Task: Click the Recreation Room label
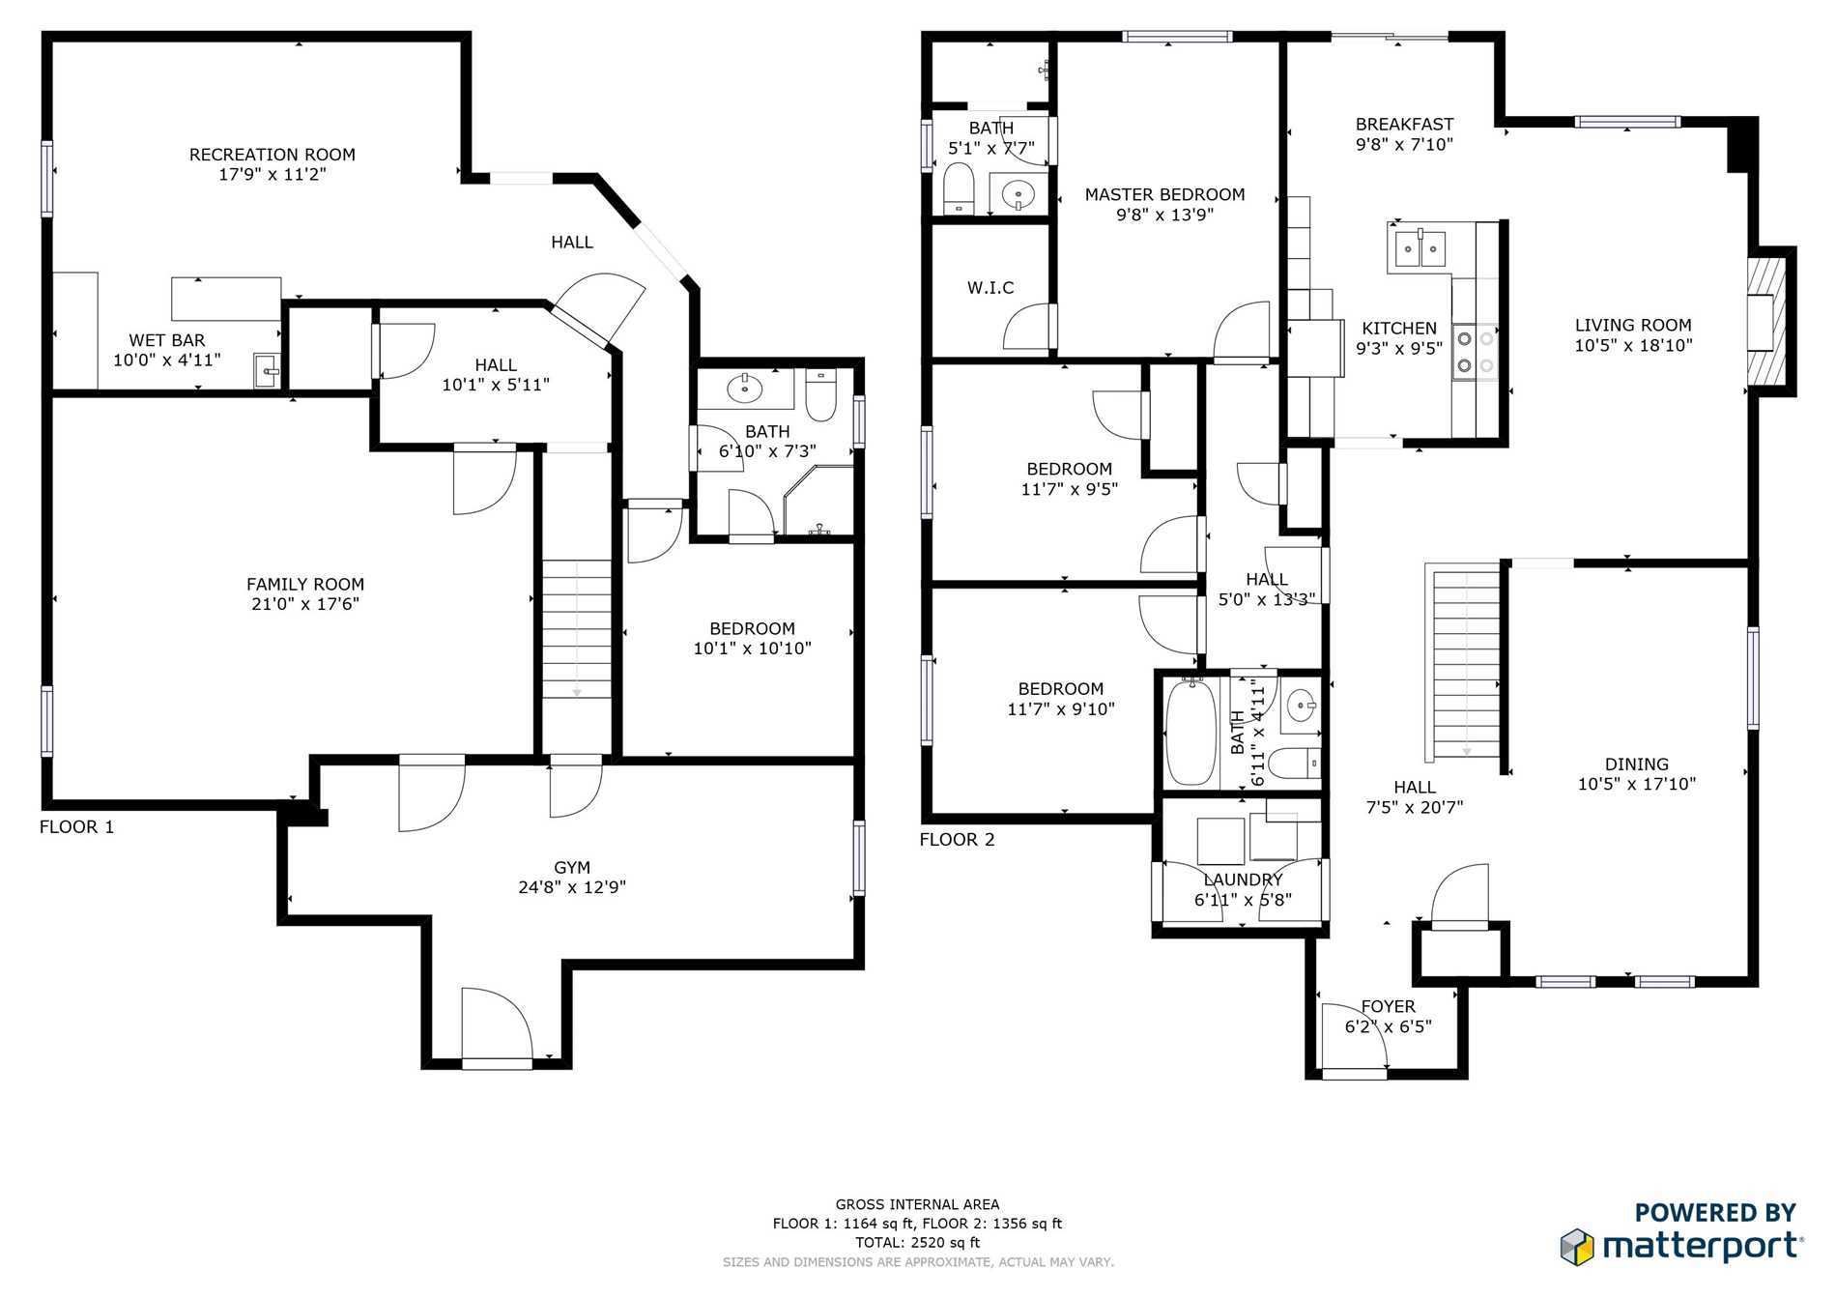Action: tap(273, 155)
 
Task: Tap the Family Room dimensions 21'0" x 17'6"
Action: tap(305, 604)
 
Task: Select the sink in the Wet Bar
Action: tap(268, 370)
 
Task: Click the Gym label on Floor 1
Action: tap(572, 868)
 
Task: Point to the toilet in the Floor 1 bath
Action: tap(821, 396)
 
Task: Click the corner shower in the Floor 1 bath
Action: tap(818, 503)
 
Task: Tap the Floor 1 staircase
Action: tap(577, 628)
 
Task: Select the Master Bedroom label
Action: tap(1164, 194)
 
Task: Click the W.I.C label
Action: tap(990, 288)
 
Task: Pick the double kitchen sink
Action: tap(1419, 248)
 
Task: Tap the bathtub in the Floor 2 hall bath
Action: tap(1191, 733)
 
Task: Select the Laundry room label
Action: tap(1243, 880)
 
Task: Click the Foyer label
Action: tap(1388, 1006)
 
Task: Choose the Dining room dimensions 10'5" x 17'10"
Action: tap(1637, 784)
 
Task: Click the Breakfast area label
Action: tap(1404, 125)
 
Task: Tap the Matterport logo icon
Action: tap(1577, 1246)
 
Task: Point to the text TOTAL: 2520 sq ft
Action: tap(917, 1243)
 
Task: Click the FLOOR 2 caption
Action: tap(957, 839)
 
